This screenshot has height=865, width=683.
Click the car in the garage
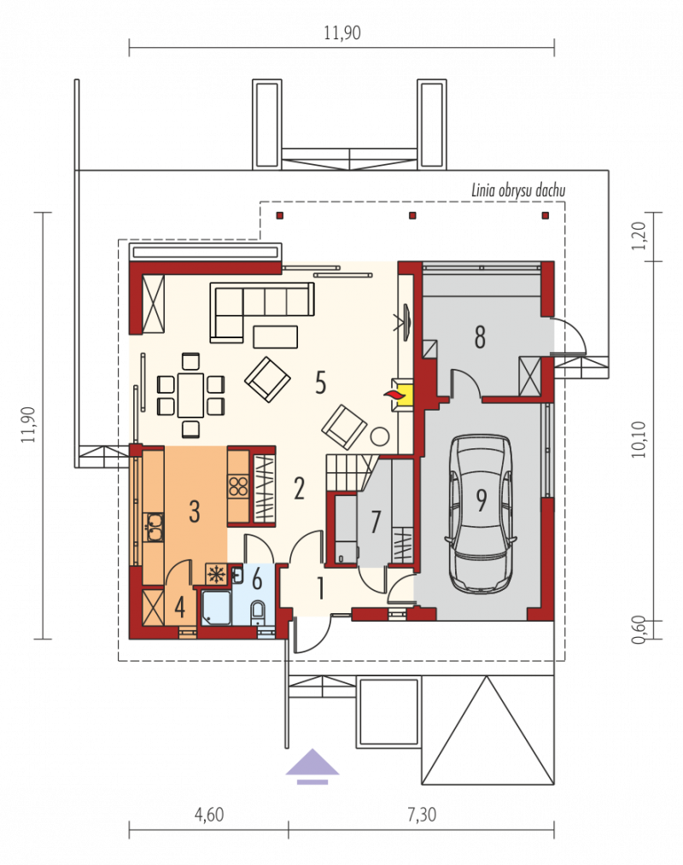pos(482,514)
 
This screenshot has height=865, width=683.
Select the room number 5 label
pos(320,382)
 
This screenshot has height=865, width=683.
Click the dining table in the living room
pos(190,395)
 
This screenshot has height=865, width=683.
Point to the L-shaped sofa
pos(261,310)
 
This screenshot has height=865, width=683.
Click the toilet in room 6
pos(258,613)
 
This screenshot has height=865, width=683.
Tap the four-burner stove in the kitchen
pos(239,487)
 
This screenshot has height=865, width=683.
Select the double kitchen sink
pos(154,528)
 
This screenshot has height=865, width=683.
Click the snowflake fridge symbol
pos(216,575)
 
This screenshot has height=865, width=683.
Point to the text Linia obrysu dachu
pos(518,191)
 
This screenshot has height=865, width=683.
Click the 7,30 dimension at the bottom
pos(422,815)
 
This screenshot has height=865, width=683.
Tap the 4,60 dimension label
pos(209,815)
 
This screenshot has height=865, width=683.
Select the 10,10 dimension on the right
pos(639,440)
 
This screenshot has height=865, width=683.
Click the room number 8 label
pos(480,337)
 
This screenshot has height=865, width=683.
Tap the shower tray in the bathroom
pos(216,609)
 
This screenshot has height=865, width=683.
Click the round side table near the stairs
pos(380,436)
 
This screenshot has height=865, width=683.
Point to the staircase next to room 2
pos(349,472)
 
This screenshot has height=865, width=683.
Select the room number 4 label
pos(180,607)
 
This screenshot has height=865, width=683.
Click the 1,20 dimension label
pos(639,237)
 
